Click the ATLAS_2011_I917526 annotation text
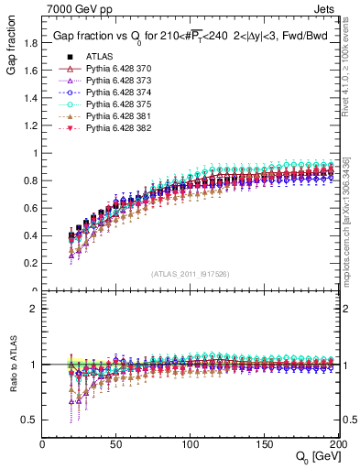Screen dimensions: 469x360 190,275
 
